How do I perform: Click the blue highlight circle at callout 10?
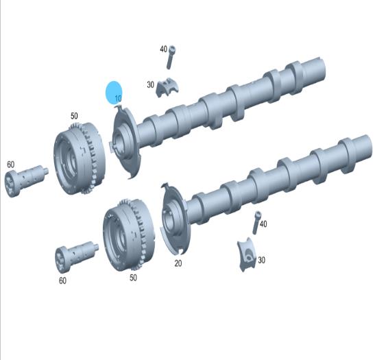pos(114,93)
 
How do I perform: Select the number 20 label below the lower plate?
pos(178,263)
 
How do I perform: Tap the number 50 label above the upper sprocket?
pos(74,116)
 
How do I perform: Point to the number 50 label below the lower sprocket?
pos(133,278)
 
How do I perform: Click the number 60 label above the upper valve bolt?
pos(10,165)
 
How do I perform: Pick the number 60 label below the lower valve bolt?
pos(62,280)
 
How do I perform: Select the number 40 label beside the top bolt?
pos(164,49)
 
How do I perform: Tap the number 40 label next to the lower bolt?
pos(263,224)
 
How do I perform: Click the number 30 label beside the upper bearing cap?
pos(150,84)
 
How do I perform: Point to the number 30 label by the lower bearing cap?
pos(262,260)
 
